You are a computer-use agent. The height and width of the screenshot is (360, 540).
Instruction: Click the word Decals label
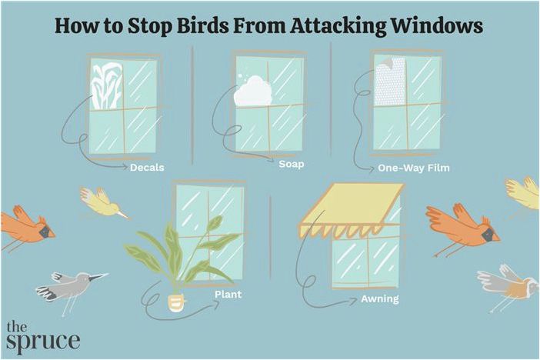point(147,168)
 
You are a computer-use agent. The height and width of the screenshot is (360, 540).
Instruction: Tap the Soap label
point(292,164)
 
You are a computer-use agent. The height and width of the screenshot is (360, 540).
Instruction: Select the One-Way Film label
point(414,168)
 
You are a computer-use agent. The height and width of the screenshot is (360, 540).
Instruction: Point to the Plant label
point(228,295)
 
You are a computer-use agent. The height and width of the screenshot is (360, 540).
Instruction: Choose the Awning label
point(380,298)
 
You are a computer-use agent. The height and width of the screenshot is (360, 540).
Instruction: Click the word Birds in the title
point(202,25)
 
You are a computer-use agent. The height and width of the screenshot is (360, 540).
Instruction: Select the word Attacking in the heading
point(338,27)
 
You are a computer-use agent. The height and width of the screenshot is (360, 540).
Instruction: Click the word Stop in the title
point(150,27)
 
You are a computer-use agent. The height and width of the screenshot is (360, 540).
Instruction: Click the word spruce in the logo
point(43,341)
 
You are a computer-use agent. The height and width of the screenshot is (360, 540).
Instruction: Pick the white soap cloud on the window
point(253,91)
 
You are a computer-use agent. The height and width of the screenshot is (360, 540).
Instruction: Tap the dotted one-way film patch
point(390,82)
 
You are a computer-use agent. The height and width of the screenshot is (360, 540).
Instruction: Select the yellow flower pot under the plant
point(176,303)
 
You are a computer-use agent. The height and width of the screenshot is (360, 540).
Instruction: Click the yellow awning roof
point(352,211)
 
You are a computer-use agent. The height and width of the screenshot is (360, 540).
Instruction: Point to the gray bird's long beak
point(98,276)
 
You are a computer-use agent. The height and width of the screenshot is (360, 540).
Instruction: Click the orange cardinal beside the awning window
point(462,228)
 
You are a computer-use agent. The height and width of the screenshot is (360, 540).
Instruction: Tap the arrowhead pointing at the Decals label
point(125,167)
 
